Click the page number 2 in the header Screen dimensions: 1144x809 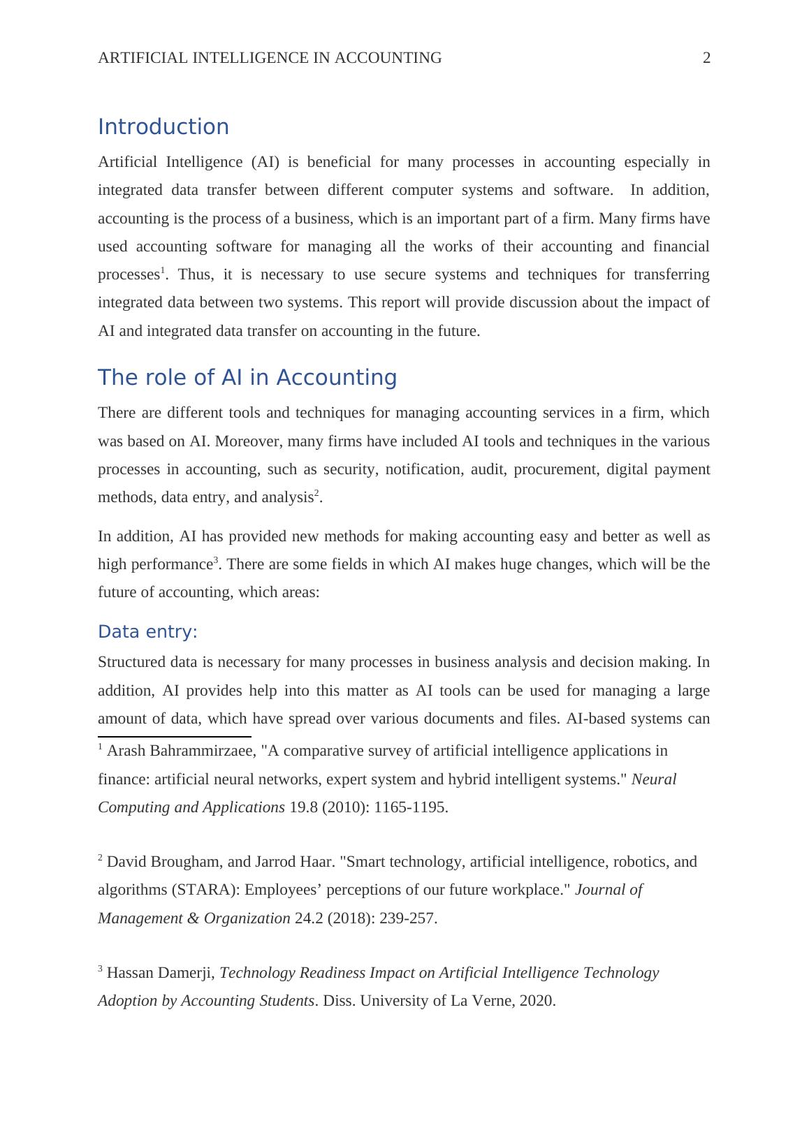tap(706, 58)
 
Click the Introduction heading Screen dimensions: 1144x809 tap(163, 127)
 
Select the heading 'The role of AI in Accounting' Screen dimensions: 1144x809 tap(247, 378)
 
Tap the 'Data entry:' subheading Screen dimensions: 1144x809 tap(147, 632)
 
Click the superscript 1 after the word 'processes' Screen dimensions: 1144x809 tap(163, 270)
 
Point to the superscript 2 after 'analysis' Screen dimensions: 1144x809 tap(316, 493)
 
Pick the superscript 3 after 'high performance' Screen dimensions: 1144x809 tap(216, 560)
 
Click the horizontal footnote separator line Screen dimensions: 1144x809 tap(175, 736)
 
